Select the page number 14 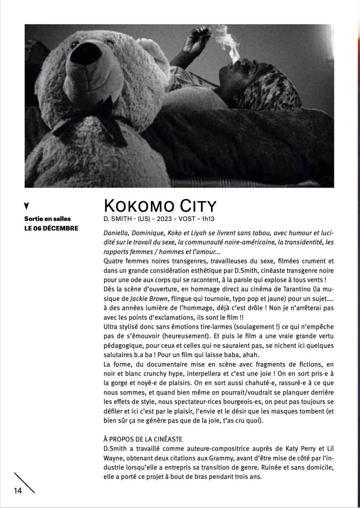pyautogui.click(x=18, y=490)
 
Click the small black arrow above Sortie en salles pyautogui.click(x=26, y=206)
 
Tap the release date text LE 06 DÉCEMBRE pyautogui.click(x=51, y=228)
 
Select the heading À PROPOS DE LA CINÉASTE pyautogui.click(x=143, y=439)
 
